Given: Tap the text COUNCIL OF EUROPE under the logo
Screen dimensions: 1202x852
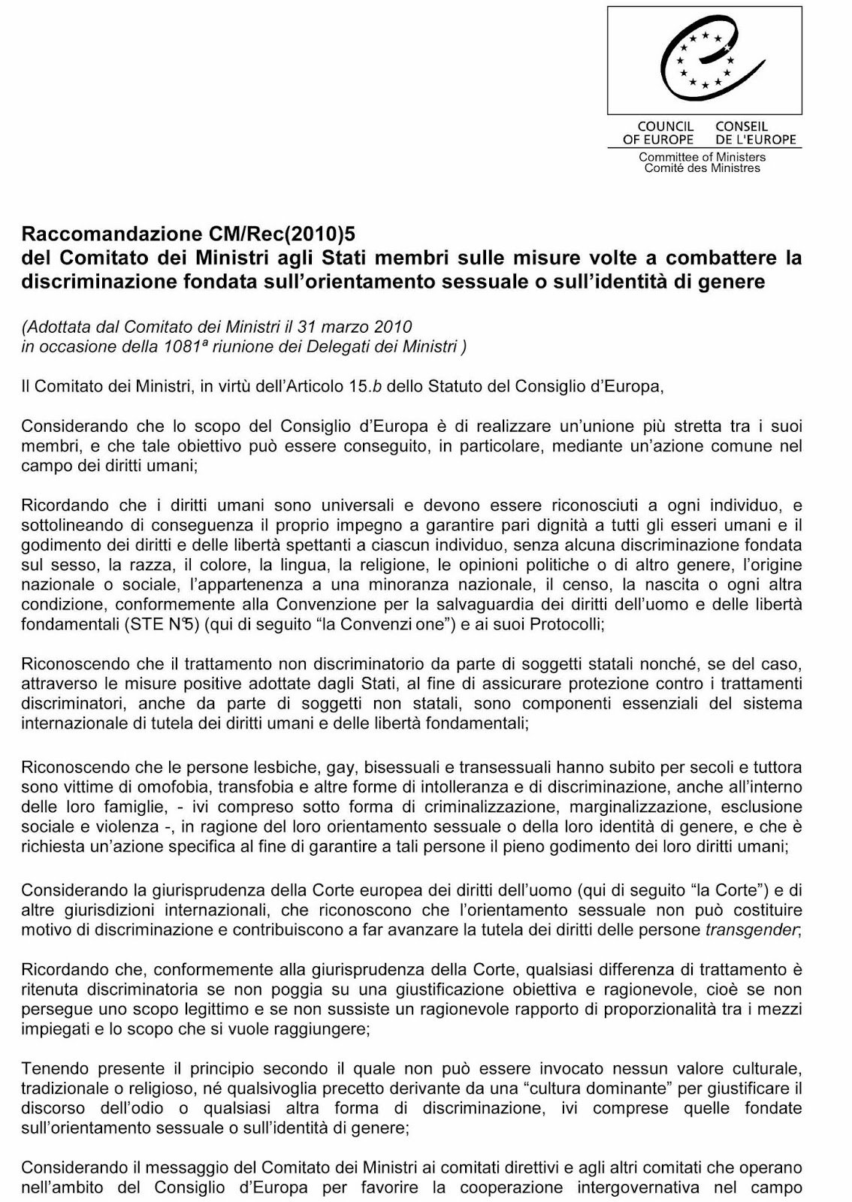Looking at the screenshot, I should (657, 133).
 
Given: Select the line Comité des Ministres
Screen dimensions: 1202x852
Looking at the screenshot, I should (702, 168).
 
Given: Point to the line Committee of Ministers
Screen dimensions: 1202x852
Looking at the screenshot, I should (702, 157).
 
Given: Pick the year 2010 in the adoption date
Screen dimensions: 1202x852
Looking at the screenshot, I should (393, 327).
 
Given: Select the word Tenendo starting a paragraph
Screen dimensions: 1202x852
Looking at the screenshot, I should (50, 1068).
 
